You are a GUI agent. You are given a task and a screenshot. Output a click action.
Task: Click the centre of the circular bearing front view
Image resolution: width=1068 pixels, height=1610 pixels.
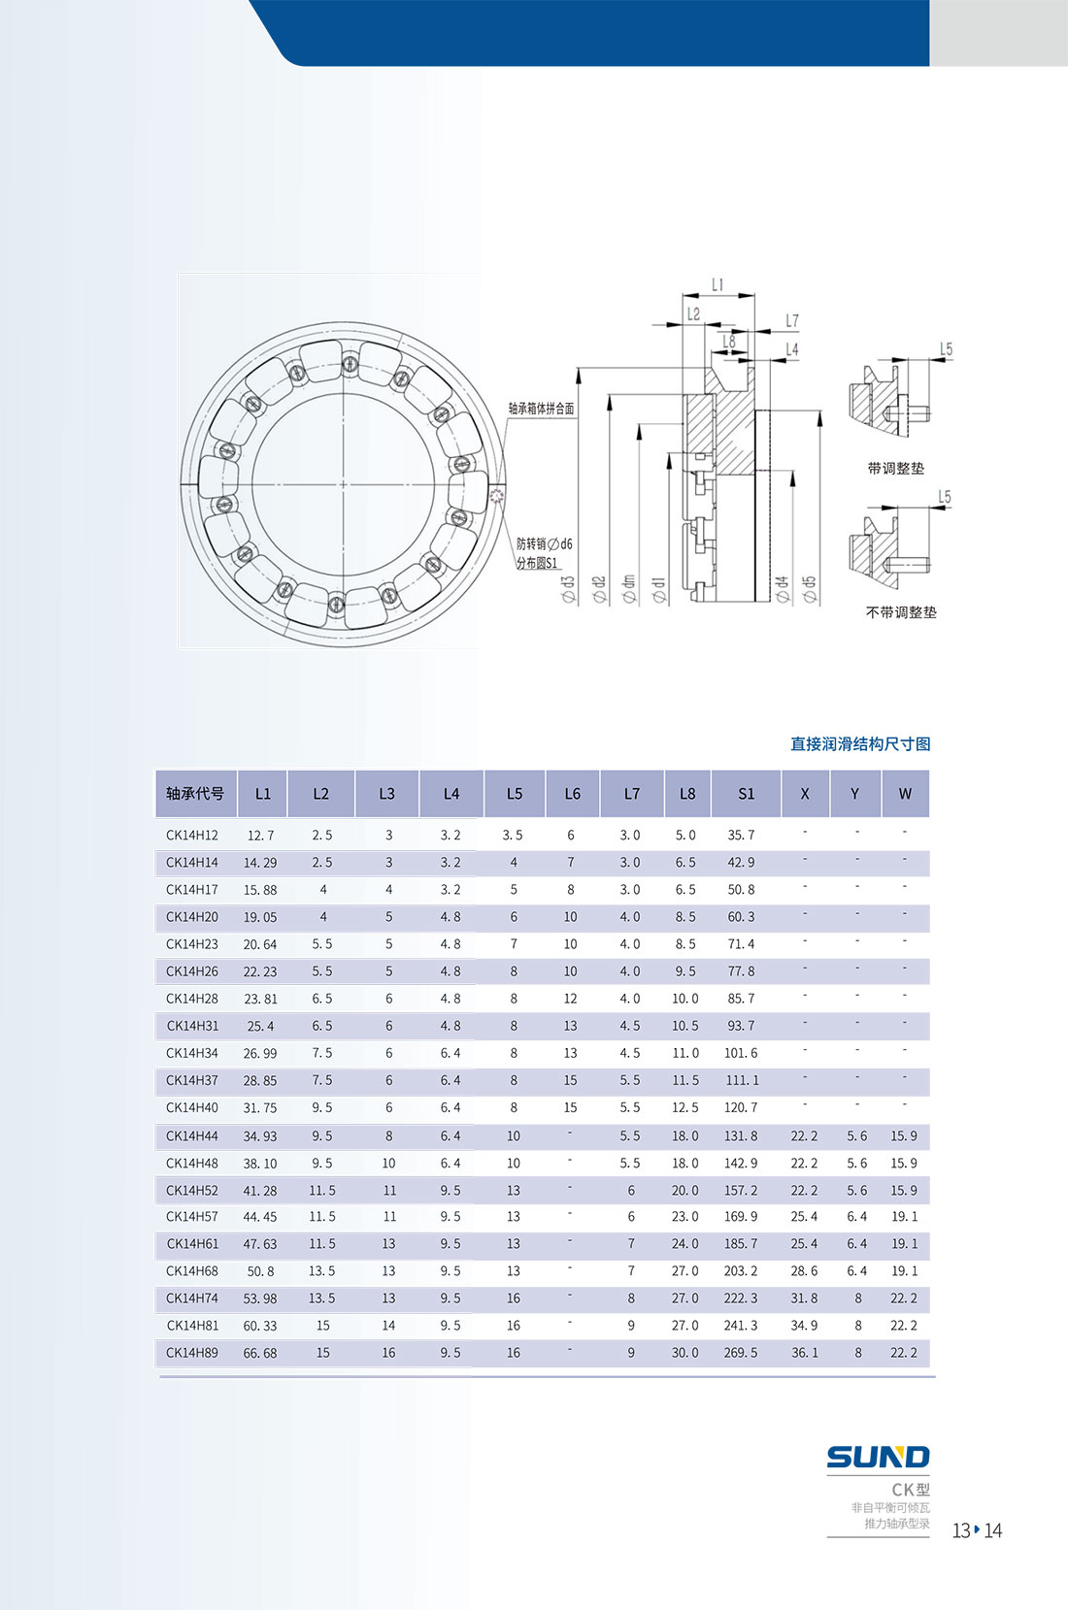343,484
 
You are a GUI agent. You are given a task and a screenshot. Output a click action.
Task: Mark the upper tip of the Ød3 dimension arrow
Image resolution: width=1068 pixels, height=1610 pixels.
579,368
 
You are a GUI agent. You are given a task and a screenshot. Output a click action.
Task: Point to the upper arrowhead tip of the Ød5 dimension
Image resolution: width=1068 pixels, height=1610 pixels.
820,411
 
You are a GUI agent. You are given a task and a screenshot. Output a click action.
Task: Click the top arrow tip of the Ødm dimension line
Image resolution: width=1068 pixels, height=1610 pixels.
640,425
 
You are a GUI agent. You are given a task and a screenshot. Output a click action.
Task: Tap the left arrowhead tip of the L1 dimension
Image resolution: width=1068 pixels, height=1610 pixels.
683,295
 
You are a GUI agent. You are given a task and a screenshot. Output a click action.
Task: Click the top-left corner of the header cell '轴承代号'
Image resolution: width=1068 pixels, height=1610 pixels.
155,771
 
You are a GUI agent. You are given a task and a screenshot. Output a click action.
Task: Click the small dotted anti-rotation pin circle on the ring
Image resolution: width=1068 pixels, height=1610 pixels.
497,495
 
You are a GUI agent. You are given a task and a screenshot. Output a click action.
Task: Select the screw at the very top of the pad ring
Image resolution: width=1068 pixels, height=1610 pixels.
350,363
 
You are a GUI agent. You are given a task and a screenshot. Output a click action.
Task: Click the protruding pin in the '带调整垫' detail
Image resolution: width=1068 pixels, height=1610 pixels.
909,414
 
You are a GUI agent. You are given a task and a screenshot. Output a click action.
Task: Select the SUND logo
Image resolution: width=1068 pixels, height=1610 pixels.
878,1457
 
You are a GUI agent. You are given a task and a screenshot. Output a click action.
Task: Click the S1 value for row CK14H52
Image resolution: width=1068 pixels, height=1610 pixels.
741,1190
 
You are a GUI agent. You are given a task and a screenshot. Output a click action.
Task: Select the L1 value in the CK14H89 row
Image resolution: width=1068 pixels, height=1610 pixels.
259,1354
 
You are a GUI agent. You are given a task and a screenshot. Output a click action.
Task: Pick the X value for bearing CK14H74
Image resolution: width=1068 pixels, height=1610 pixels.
804,1298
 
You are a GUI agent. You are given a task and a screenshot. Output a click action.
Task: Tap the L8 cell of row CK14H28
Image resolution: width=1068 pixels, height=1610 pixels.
684,999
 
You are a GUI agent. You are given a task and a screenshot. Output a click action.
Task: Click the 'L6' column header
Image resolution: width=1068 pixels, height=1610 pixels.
573,794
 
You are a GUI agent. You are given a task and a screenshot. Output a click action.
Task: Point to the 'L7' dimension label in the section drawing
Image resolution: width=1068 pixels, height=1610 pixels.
792,320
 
